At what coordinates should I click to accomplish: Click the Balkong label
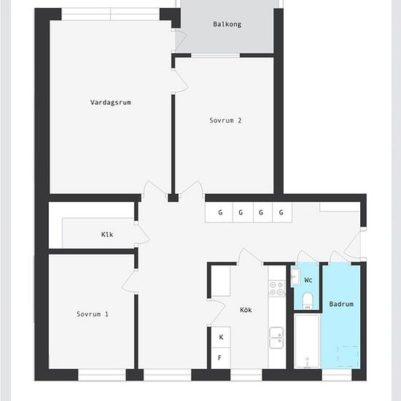click(227, 25)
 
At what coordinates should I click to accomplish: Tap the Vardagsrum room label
click(111, 103)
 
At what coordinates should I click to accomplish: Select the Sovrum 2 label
click(225, 120)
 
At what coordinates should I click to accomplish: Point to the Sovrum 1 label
click(93, 314)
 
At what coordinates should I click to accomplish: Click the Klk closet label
click(107, 234)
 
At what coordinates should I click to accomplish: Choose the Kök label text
click(246, 310)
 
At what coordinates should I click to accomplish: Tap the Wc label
click(308, 280)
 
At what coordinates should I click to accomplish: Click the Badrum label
click(341, 304)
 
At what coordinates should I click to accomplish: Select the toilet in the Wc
click(307, 300)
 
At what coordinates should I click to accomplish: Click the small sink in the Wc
click(295, 276)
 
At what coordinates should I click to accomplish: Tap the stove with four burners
click(276, 288)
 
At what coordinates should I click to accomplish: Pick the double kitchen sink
click(276, 338)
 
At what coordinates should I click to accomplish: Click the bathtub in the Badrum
click(307, 341)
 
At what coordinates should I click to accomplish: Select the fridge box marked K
click(221, 337)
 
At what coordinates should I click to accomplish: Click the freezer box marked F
click(221, 358)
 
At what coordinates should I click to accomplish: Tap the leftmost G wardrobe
click(219, 212)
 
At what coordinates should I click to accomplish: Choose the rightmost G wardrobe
click(282, 212)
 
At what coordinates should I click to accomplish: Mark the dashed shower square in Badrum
click(348, 357)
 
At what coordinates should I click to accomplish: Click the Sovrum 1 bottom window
click(102, 375)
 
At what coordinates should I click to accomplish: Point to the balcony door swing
click(180, 41)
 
